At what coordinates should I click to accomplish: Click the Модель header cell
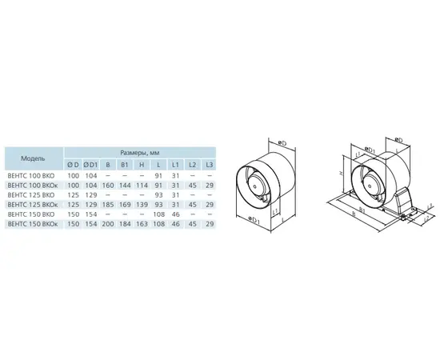[x=33, y=158]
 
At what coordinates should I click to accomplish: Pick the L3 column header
[x=209, y=165]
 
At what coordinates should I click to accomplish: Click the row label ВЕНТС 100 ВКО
[x=32, y=176]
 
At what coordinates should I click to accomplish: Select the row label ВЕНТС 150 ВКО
[x=32, y=214]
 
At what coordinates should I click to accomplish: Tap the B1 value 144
[x=126, y=186]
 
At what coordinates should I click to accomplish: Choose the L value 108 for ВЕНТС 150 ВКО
[x=158, y=214]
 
